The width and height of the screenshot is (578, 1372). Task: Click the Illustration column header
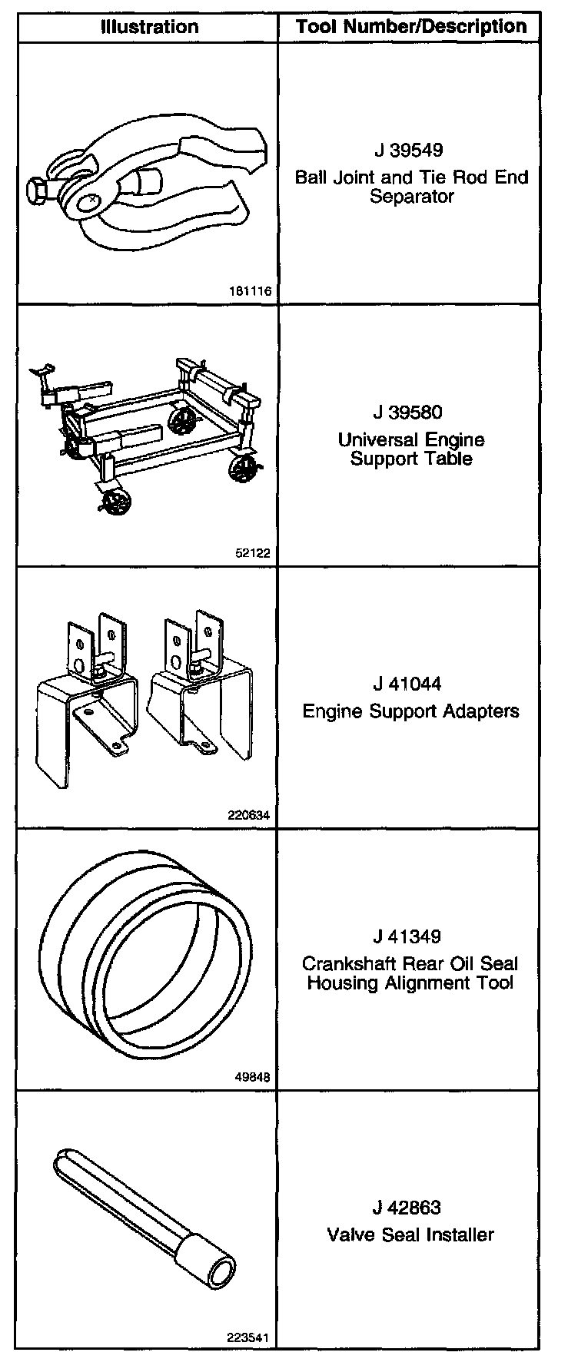[x=150, y=27]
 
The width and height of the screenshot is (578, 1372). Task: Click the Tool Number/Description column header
[x=411, y=27]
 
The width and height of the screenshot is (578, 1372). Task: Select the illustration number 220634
[x=250, y=815]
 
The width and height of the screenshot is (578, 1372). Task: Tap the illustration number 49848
[x=253, y=1077]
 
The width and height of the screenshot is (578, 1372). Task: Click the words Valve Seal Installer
[x=410, y=1234]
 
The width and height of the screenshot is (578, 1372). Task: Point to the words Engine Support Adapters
[x=410, y=711]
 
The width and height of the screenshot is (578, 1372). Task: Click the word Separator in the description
[x=411, y=196]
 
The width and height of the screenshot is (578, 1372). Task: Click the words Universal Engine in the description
[x=411, y=440]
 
